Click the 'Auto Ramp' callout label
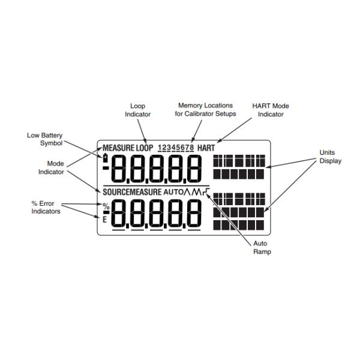pos(262,248)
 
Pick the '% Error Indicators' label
pos(46,207)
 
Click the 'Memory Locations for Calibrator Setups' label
pos(205,110)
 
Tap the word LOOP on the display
pos(144,148)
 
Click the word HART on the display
pos(205,148)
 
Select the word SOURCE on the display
pos(116,192)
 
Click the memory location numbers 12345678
pos(175,148)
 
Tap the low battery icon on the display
pos(106,158)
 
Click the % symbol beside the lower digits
pos(106,206)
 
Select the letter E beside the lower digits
pos(105,220)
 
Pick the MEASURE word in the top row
pos(118,148)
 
